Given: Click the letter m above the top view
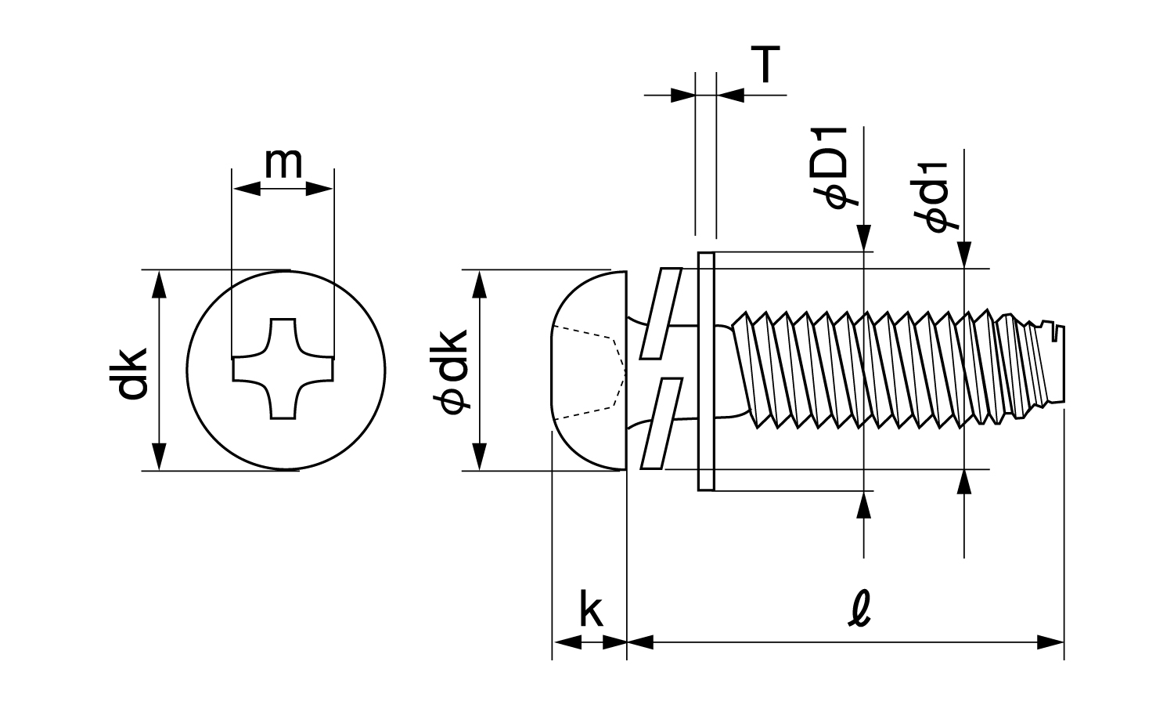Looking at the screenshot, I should (283, 162).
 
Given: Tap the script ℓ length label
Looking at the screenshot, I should (859, 608).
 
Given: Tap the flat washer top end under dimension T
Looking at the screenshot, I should (705, 258).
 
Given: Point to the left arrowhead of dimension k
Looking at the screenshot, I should (565, 642).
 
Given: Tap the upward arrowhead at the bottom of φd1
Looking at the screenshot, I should (964, 483).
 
